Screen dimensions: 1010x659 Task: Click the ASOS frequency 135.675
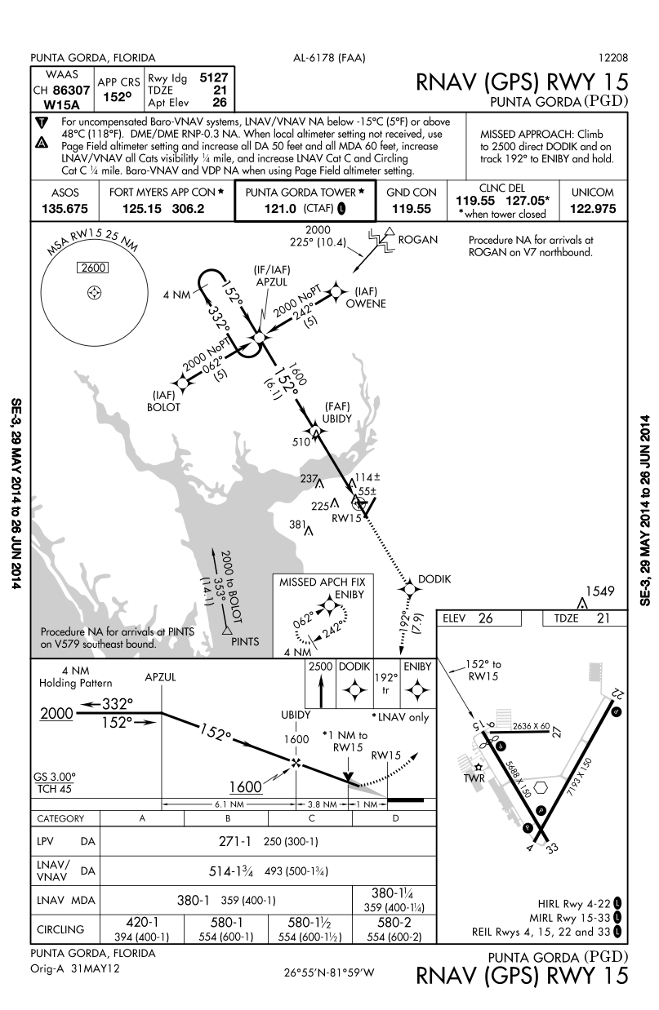pyautogui.click(x=68, y=209)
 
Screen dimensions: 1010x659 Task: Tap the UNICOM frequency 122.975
pyautogui.click(x=595, y=209)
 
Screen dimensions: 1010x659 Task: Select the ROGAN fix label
pyautogui.click(x=418, y=240)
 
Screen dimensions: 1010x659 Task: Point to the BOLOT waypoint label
pyautogui.click(x=163, y=407)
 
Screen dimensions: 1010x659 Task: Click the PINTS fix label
pyautogui.click(x=245, y=641)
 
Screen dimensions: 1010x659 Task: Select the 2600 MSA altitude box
pyautogui.click(x=93, y=268)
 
